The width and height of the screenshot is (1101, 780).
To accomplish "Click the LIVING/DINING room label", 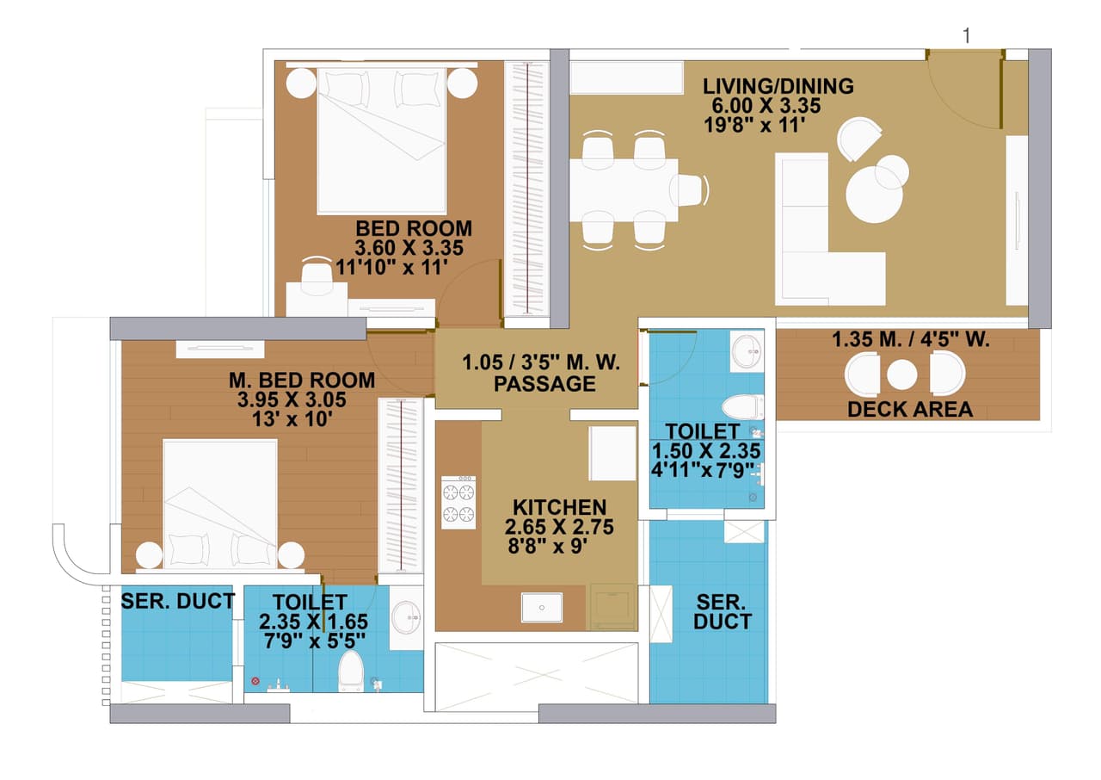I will pos(778,86).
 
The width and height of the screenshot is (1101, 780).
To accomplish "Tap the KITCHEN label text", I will pos(559,508).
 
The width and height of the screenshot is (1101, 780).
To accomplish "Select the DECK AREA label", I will pos(910,410).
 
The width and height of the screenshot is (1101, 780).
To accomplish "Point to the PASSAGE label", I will pos(544,384).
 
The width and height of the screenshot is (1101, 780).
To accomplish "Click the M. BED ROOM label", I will pos(301,380).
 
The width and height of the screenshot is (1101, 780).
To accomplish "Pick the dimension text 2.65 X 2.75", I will pos(559,527).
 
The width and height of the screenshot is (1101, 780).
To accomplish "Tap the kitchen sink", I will pos(542,607).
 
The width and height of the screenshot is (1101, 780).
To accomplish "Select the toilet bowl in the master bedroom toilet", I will pos(351,671).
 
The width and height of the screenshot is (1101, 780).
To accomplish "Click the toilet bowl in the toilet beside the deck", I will pos(743,405).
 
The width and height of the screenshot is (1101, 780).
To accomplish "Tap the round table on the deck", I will pos(902,375).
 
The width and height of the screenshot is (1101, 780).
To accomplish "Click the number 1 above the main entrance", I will pos(967,35).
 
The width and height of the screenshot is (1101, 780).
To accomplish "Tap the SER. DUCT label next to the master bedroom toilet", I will pos(177,601).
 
